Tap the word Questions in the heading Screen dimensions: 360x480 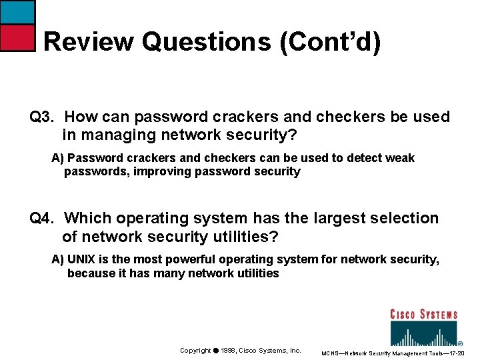[205, 42]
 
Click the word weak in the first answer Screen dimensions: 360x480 [400, 158]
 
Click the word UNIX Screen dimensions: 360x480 [82, 259]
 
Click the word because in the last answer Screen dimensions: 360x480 [91, 273]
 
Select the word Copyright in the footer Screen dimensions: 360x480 [195, 350]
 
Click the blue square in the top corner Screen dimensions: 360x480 [17, 11]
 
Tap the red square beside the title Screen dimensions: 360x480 [17, 38]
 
